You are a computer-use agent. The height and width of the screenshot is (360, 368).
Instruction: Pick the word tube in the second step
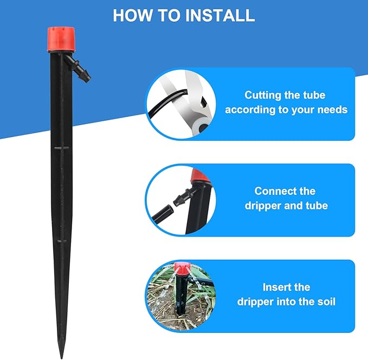click(317, 206)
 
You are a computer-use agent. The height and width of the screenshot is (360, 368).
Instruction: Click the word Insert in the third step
click(278, 287)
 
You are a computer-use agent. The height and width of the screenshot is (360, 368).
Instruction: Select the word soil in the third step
click(325, 302)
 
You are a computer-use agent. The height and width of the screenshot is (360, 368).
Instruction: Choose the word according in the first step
click(251, 110)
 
